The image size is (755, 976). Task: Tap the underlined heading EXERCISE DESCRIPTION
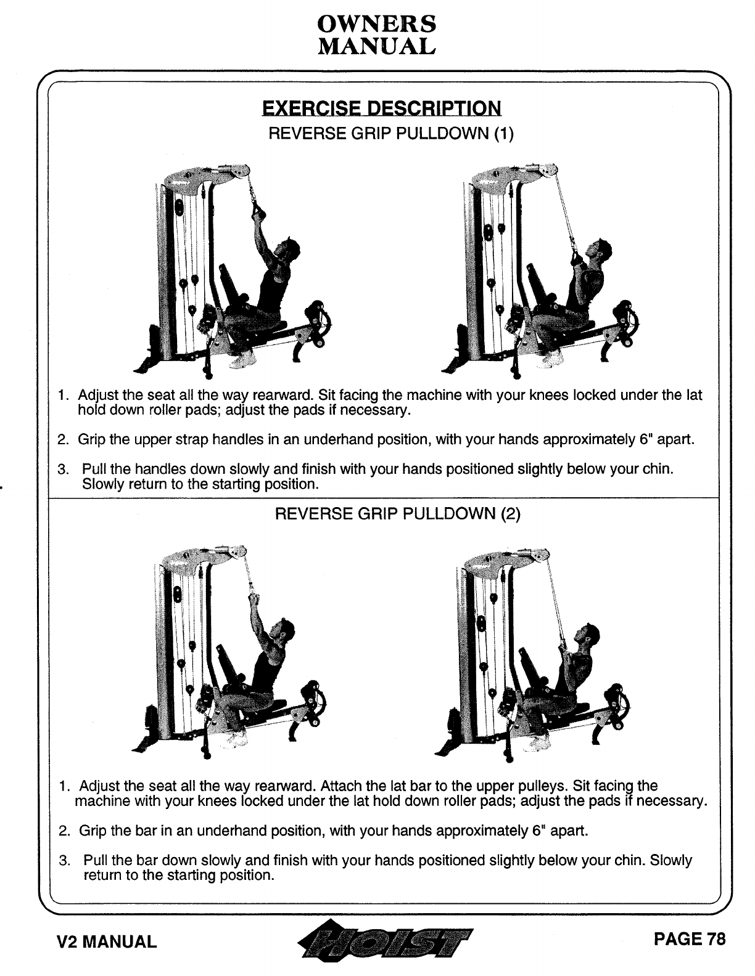(x=381, y=109)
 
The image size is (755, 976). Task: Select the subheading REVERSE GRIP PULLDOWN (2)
(x=397, y=514)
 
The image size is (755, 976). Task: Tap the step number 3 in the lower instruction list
(x=63, y=861)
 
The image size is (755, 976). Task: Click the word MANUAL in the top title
(x=376, y=46)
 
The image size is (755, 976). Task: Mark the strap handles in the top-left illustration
(x=257, y=213)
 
